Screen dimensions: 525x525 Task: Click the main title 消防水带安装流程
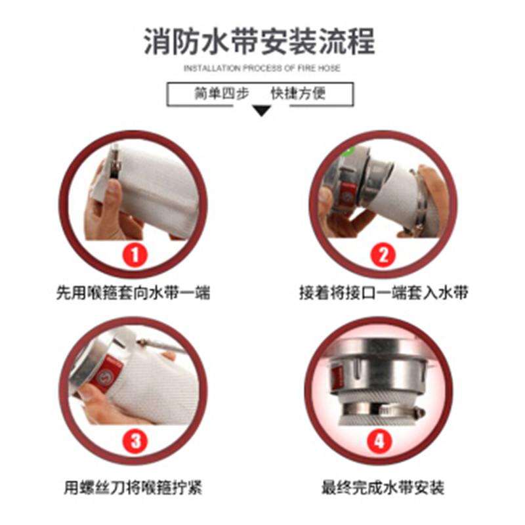259,41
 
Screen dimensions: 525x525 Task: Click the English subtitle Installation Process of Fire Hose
262,68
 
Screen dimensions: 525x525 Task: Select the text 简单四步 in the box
222,93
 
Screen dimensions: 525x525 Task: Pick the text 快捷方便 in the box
298,93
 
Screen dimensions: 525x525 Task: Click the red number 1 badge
135,255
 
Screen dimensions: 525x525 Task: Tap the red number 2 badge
383,255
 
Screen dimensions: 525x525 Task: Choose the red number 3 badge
135,440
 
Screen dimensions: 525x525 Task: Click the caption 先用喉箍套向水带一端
133,293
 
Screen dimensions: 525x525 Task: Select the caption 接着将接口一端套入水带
383,293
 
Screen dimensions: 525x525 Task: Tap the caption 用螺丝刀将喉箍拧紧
133,488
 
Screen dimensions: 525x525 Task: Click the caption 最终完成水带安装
383,488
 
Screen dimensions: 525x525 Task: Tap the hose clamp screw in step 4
416,411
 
